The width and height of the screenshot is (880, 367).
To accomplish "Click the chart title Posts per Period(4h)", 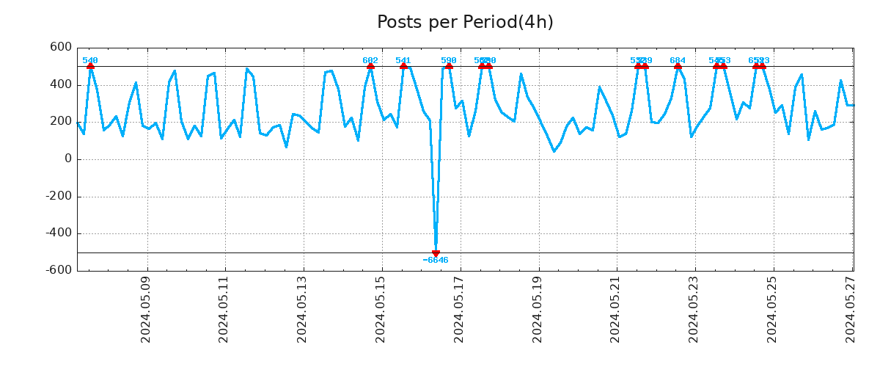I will click(465, 23).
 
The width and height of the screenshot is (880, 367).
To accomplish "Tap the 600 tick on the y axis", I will click(60, 48).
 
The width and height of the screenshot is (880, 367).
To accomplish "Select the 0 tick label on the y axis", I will click(67, 159).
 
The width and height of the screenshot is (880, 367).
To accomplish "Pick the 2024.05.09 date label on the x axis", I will click(146, 310).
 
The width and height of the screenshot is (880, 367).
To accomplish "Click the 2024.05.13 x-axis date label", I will click(302, 310).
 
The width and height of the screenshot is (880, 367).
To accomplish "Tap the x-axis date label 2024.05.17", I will click(459, 310).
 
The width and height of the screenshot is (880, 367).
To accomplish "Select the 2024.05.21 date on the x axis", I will click(616, 310).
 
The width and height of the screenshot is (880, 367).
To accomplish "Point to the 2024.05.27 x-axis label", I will click(851, 310).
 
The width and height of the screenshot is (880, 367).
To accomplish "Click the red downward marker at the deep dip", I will click(436, 253).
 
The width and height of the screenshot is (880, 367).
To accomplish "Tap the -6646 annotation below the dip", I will click(436, 261).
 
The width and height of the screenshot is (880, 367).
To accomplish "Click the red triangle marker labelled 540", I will click(90, 66).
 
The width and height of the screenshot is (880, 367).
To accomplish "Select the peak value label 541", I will click(403, 61).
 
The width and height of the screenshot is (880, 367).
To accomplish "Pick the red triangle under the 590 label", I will click(449, 66).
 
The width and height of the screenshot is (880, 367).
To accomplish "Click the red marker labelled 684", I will click(678, 66).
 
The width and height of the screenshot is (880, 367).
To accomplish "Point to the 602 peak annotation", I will click(370, 61).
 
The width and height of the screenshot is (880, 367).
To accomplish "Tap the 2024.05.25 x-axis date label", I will click(772, 310).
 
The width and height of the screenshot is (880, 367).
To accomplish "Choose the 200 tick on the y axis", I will click(60, 122).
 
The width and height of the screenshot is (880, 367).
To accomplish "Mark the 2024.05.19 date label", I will click(538, 310).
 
